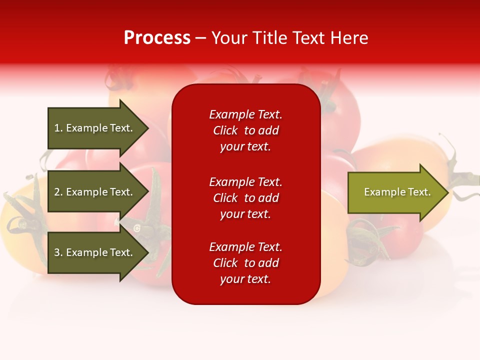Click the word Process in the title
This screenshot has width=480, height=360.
pyautogui.click(x=157, y=38)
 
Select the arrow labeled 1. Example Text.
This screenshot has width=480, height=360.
pyautogui.click(x=95, y=128)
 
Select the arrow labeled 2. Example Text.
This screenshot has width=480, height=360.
pyautogui.click(x=95, y=192)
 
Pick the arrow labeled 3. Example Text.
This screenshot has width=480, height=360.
pyautogui.click(x=95, y=252)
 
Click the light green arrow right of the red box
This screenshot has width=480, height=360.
pyautogui.click(x=395, y=192)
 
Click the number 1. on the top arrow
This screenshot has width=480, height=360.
pyautogui.click(x=58, y=128)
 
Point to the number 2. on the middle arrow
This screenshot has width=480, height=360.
pyautogui.click(x=58, y=192)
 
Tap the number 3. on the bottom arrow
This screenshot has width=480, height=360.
pyautogui.click(x=58, y=252)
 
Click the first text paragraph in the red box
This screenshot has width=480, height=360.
pyautogui.click(x=245, y=130)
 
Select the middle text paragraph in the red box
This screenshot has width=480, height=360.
pyautogui.click(x=245, y=198)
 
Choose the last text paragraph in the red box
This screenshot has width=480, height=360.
pyautogui.click(x=245, y=263)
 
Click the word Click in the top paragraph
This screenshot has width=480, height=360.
pyautogui.click(x=225, y=130)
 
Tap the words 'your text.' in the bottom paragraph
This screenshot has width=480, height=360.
pyautogui.click(x=245, y=279)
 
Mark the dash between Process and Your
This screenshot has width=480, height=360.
pyautogui.click(x=201, y=38)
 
